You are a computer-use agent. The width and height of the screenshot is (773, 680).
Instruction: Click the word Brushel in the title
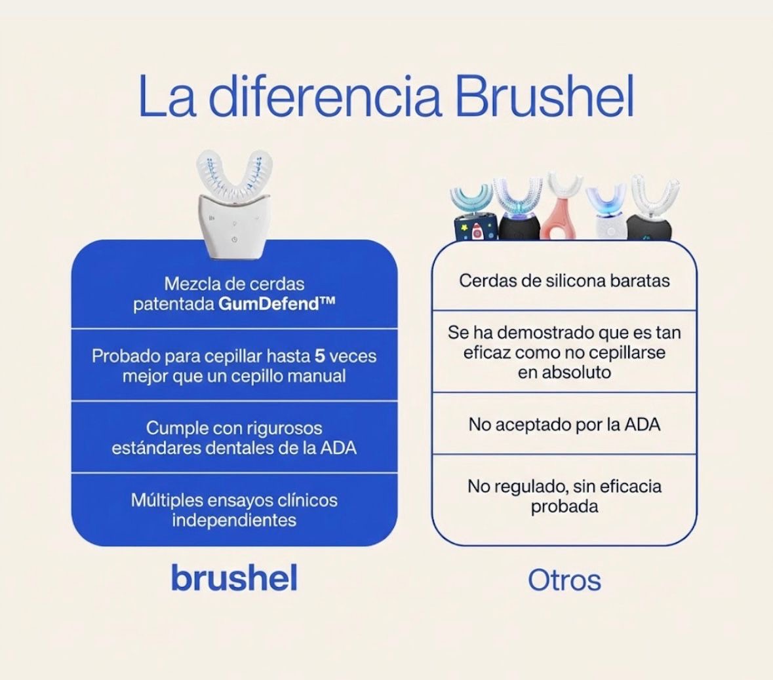[544, 97]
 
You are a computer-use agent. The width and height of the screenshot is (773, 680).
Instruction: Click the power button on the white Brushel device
[234, 240]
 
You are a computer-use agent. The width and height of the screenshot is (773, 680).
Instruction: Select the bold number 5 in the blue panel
[320, 356]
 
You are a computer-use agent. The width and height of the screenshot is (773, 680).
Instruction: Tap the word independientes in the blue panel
[234, 520]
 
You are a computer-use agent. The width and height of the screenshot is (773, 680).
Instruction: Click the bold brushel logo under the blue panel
[234, 578]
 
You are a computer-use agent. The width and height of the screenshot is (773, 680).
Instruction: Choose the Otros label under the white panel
[564, 580]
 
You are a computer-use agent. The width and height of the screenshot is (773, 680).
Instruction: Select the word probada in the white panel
[564, 506]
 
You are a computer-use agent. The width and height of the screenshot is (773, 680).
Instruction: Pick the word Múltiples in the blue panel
[167, 501]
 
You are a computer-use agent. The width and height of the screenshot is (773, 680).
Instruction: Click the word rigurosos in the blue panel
[285, 428]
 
